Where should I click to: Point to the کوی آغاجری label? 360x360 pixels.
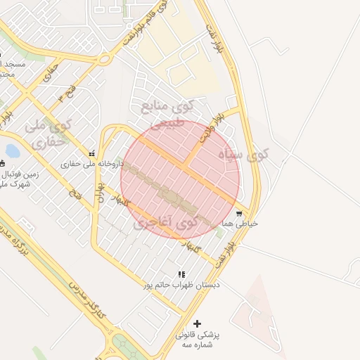165,223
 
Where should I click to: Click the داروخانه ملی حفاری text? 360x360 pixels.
92,164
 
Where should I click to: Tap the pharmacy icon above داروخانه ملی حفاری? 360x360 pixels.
91,153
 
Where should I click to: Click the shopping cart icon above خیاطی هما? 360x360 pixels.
239,213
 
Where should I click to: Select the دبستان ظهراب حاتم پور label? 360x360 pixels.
181,285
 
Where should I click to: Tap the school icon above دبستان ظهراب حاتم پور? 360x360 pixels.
181,274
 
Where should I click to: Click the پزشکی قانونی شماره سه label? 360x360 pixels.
197,340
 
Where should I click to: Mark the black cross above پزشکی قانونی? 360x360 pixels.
197,323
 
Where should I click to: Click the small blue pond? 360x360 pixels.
12,150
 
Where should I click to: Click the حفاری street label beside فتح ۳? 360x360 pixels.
51,71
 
